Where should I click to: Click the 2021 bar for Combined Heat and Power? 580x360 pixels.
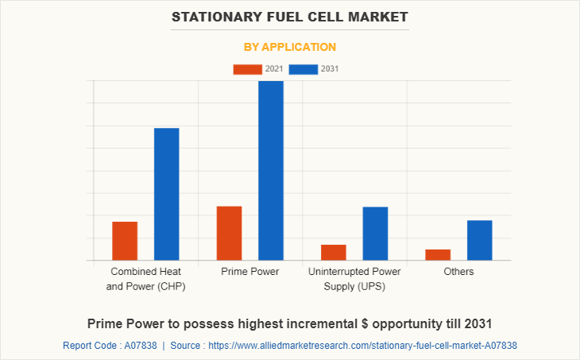pyautogui.click(x=125, y=241)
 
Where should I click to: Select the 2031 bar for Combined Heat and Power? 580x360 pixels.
pyautogui.click(x=166, y=194)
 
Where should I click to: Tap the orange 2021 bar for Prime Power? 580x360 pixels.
pyautogui.click(x=229, y=233)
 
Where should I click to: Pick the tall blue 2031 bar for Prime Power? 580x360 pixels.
pyautogui.click(x=271, y=170)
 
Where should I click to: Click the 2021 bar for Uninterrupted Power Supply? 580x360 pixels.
pyautogui.click(x=334, y=252)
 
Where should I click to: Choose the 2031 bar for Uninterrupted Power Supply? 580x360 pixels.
pyautogui.click(x=375, y=233)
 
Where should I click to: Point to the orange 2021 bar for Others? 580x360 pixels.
pyautogui.click(x=438, y=254)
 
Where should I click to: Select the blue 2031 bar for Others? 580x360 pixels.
pyautogui.click(x=479, y=240)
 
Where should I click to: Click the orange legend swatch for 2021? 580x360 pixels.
pyautogui.click(x=247, y=69)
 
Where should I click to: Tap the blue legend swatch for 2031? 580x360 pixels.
pyautogui.click(x=304, y=69)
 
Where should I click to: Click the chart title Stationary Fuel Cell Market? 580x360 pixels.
pyautogui.click(x=290, y=16)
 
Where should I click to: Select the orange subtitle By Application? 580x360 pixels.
pyautogui.click(x=290, y=47)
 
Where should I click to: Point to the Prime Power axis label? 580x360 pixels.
pyautogui.click(x=249, y=272)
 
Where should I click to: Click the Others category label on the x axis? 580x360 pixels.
pyautogui.click(x=458, y=272)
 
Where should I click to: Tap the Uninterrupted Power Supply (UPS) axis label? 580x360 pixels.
pyautogui.click(x=354, y=279)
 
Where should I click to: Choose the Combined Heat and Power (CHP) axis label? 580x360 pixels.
pyautogui.click(x=145, y=279)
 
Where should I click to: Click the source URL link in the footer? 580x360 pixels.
pyautogui.click(x=366, y=346)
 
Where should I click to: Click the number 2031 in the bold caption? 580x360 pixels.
pyautogui.click(x=477, y=324)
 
